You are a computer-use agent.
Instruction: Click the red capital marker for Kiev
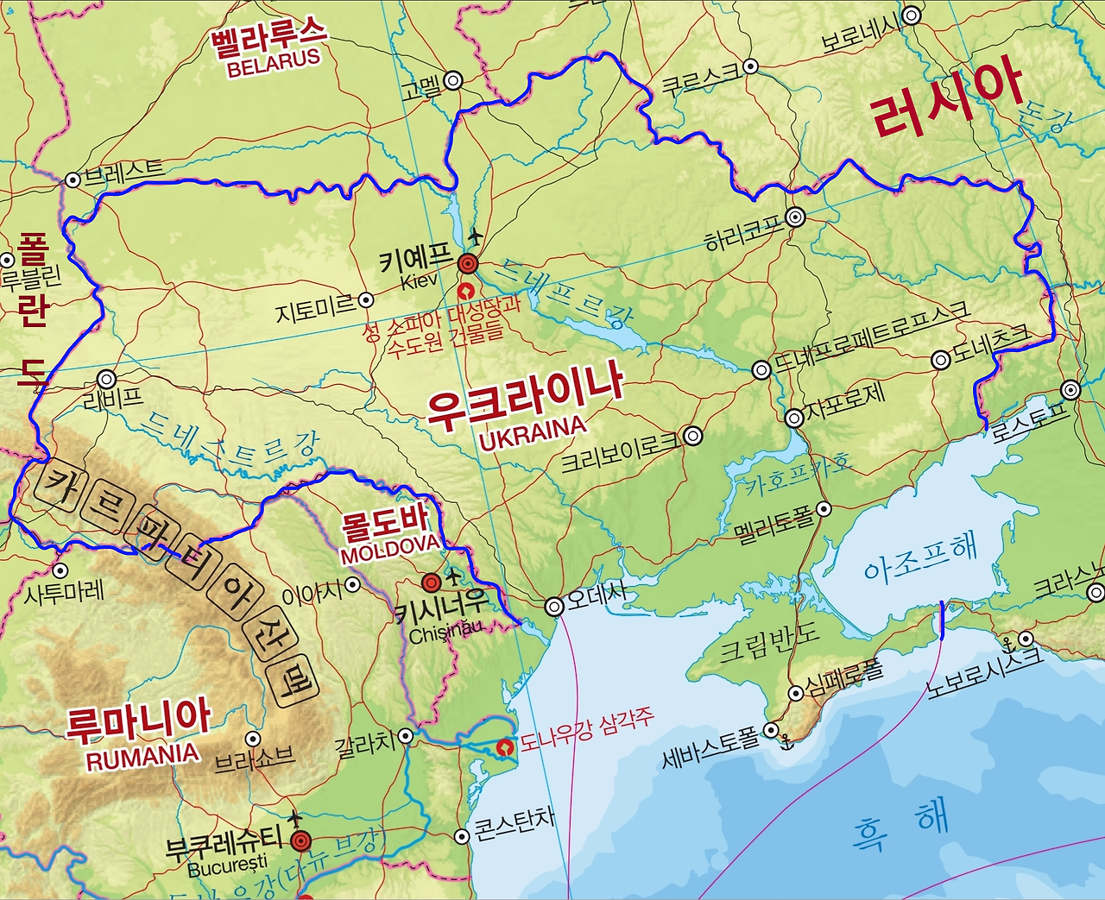coord(468,263)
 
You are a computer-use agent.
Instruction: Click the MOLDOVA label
coord(390,548)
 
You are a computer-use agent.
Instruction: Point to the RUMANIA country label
coord(142,757)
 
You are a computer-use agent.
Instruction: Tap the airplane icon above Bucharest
coord(295,816)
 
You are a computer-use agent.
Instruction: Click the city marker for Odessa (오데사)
coord(554,607)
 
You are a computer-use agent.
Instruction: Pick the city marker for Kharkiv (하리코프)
coord(795,217)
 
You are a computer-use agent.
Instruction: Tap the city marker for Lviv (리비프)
coord(106,379)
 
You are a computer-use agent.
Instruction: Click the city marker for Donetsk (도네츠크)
coord(941,361)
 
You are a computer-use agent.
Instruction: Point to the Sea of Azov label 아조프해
coord(920,558)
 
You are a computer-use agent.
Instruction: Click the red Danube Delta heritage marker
coord(505,746)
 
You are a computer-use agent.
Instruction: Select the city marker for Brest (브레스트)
coord(73,179)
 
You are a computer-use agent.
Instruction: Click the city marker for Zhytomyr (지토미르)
coord(366,299)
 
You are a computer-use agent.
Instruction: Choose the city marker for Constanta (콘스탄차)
coord(462,835)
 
